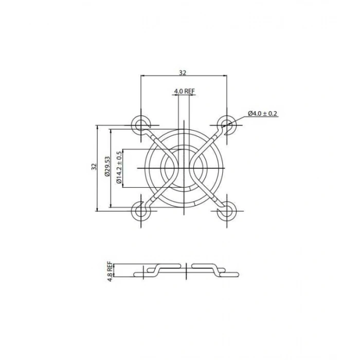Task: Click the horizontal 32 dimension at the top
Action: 183,73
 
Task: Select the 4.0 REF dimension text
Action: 184,91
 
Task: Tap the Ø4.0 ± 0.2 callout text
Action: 262,113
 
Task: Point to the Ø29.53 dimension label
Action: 107,167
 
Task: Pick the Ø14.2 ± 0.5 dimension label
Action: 119,167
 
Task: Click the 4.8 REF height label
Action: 110,270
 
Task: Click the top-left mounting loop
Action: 140,124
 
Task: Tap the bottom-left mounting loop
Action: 140,210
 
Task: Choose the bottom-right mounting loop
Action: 226,210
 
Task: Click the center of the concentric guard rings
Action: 184,168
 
